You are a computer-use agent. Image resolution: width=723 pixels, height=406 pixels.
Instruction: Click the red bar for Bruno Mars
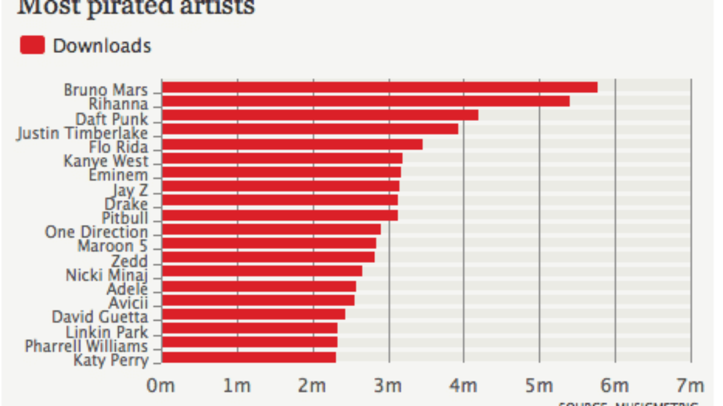click(380, 87)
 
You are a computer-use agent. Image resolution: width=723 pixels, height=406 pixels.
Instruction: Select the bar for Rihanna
click(366, 101)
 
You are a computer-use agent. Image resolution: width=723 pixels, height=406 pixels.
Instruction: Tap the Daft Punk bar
click(320, 115)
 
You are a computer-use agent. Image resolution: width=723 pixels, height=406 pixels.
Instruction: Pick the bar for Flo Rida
click(292, 144)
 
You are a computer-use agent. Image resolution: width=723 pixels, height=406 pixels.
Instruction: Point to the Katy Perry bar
click(249, 357)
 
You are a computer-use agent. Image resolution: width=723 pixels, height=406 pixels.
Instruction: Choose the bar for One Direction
click(271, 229)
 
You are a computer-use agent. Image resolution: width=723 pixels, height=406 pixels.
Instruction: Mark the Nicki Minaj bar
click(262, 271)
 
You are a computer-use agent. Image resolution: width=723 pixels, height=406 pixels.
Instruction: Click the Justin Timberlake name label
click(82, 133)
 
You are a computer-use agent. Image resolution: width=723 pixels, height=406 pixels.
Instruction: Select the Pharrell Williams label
click(86, 346)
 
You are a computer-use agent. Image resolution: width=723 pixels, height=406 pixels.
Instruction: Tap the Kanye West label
click(105, 161)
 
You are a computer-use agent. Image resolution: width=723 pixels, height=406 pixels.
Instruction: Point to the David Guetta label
click(99, 316)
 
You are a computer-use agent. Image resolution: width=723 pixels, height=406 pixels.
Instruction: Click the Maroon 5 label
click(112, 246)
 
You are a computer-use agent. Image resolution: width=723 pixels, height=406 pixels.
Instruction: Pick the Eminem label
click(117, 175)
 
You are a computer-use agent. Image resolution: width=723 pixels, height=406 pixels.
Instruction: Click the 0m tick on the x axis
click(161, 386)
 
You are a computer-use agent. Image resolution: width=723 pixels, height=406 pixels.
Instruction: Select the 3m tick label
click(388, 386)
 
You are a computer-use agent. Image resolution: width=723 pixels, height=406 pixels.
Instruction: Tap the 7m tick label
click(690, 386)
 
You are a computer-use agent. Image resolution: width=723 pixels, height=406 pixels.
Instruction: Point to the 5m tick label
click(539, 386)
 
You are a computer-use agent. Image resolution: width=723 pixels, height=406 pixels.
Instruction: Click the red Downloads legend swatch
click(32, 46)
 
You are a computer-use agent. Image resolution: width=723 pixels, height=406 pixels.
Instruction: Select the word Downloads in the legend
click(102, 46)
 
